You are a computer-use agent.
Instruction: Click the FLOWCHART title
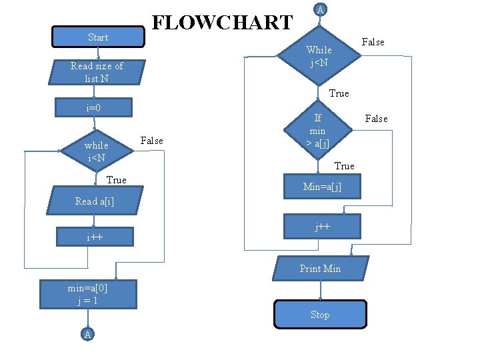(x=223, y=22)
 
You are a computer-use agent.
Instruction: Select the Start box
(x=97, y=37)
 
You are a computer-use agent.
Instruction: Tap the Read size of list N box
(x=97, y=72)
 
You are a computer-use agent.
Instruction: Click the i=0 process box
(x=93, y=107)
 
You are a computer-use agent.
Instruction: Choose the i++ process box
(x=94, y=237)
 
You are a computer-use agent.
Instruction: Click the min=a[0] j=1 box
(x=88, y=294)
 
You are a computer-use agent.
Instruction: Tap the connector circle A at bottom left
(x=87, y=334)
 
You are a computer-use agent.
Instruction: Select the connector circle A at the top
(x=320, y=9)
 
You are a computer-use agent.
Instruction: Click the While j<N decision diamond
(x=319, y=56)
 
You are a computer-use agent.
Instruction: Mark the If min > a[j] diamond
(x=317, y=131)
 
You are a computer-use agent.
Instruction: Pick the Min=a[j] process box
(x=322, y=187)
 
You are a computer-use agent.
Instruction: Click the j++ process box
(x=322, y=226)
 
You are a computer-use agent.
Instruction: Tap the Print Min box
(x=320, y=269)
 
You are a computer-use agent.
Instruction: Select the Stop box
(x=320, y=314)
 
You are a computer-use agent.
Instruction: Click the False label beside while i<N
(x=152, y=141)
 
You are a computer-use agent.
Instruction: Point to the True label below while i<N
(x=116, y=180)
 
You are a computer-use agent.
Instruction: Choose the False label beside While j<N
(x=373, y=42)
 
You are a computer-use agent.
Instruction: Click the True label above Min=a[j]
(x=344, y=165)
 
